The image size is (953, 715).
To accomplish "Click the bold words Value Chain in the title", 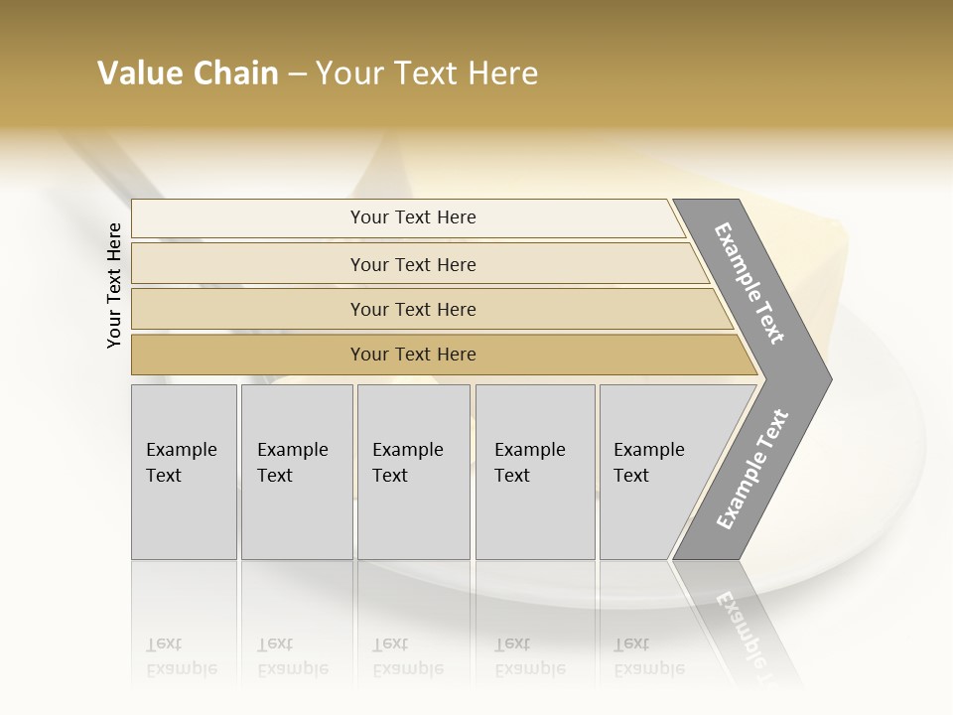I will pos(188,73).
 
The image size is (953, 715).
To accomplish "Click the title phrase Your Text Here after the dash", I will pos(427,73).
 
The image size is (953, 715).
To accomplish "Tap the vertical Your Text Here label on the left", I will pos(114,285).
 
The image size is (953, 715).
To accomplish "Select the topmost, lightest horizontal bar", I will pos(248,218).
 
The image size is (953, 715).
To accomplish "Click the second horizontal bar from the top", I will pos(248,264).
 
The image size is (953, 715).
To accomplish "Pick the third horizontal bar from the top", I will pos(248,309).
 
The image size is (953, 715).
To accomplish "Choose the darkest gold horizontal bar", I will pos(248,355).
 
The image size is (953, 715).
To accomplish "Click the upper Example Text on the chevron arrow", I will pos(749,283).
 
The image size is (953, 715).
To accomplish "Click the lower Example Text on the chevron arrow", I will pos(752,469).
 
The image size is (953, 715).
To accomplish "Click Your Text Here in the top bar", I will pos(413,217).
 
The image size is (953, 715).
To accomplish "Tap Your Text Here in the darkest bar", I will pos(413,355).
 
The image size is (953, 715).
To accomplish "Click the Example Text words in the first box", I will pos(181,462).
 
